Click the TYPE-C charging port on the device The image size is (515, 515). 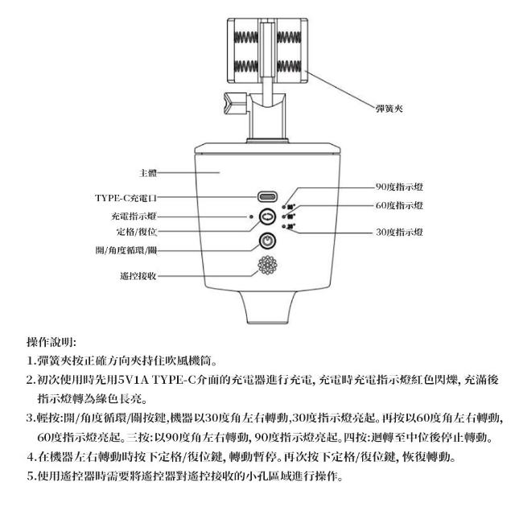coord(266,197)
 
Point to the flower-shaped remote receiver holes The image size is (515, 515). coord(266,268)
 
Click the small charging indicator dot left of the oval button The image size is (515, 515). coord(251,217)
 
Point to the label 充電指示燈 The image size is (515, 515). coord(134,216)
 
